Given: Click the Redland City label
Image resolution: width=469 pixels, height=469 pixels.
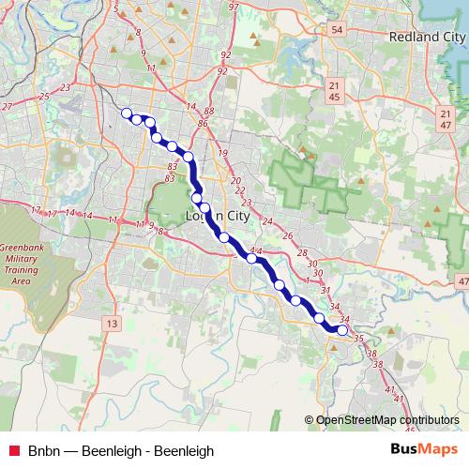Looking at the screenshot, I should point(427,36).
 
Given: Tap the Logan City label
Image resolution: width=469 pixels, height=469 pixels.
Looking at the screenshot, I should point(218,216).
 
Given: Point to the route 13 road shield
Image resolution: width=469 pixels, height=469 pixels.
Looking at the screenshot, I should point(113,324).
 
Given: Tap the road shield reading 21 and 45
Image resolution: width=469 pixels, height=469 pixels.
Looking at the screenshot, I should point(335,91).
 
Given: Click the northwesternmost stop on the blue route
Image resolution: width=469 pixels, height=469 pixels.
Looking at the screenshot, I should point(127,113).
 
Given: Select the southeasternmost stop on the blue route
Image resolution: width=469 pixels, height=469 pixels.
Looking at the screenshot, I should point(342,330).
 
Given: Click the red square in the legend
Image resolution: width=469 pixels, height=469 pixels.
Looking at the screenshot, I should point(14,450).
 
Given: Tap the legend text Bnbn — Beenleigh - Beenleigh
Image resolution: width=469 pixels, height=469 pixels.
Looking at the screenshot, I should point(113,450).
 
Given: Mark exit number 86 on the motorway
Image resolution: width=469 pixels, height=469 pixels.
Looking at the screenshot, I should point(203,123).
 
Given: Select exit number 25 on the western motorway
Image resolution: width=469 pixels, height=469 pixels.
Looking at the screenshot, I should point(44,96).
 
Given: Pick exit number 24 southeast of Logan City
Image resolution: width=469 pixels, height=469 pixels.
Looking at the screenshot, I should point(267,221).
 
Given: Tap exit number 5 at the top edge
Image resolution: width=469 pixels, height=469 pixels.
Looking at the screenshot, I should point(114,8).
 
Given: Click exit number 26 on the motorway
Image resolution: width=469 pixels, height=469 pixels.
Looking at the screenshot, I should point(288,236).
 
